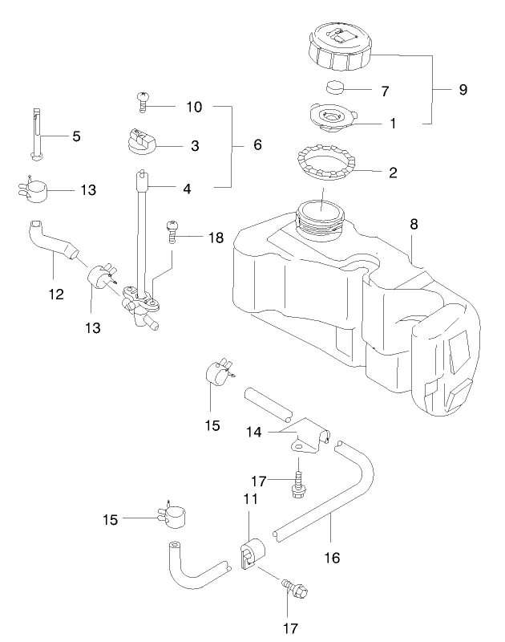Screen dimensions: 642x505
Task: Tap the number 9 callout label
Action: pos(463,89)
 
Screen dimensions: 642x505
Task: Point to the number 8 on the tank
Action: pos(414,226)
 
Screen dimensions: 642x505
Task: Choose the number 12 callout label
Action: pos(55,295)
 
